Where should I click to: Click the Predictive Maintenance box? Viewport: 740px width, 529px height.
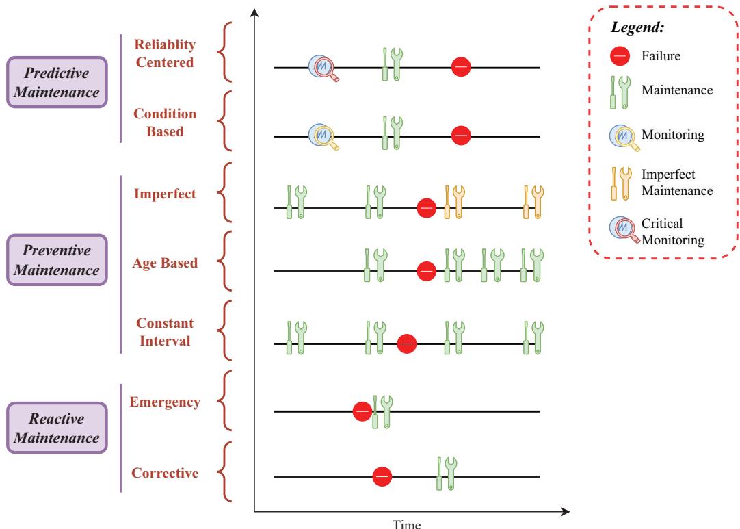57,82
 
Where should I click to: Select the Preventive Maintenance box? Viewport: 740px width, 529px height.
57,260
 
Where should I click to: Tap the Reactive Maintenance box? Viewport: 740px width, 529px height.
57,428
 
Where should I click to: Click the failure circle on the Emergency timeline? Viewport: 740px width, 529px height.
362,411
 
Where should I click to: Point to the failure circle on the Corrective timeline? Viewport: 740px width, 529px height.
382,476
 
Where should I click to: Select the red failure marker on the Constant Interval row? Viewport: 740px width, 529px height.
407,344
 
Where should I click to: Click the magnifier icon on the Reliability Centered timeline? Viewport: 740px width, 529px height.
323,68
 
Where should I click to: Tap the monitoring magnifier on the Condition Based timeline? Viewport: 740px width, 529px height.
323,136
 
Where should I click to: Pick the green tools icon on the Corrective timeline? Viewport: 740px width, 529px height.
447,474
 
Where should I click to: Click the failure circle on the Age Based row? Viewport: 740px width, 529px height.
427,271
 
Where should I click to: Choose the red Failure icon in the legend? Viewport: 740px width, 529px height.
620,55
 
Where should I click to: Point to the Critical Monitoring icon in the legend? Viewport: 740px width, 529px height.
624,229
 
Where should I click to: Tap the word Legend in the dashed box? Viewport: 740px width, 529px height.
637,27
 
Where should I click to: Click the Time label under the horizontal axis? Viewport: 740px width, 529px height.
407,524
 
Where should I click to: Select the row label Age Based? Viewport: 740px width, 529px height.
165,263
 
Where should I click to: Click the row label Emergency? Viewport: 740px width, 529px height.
165,402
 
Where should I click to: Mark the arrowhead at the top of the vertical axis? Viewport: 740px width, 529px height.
254,12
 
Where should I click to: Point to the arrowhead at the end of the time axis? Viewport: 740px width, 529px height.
566,511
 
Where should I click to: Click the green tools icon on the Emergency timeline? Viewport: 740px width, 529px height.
383,411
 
